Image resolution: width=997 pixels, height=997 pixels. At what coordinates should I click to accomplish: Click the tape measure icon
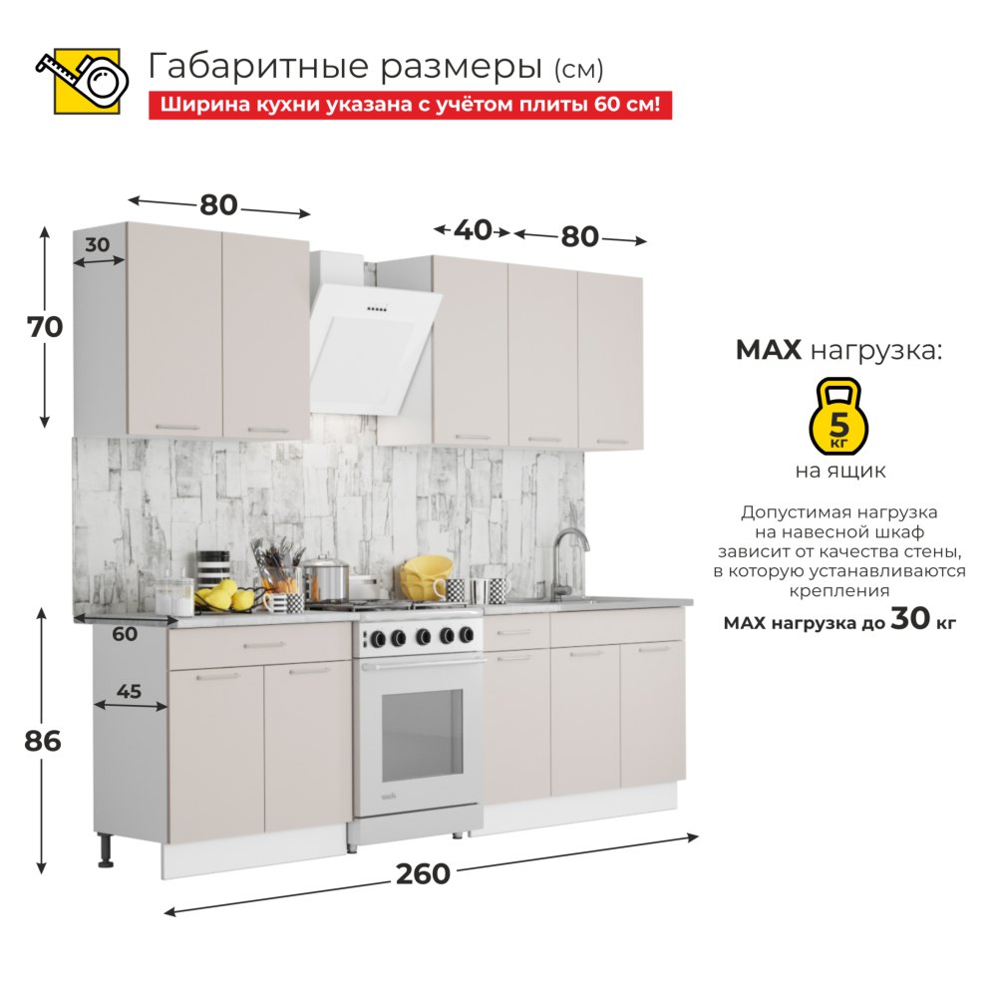pos(83,81)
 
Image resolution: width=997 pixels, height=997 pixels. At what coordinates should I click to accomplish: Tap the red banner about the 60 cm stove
pos(410,105)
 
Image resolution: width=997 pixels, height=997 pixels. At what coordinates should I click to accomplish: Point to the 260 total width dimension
pos(423,874)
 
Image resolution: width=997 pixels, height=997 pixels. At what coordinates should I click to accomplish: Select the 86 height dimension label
pos(43,742)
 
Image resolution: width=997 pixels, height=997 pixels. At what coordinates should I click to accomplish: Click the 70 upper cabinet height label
pos(45,327)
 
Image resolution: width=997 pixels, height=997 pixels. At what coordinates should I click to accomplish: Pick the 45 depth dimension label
pos(129,691)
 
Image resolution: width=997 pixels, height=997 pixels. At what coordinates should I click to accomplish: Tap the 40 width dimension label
pos(473,230)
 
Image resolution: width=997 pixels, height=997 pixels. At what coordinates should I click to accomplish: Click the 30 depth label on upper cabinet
pos(98,245)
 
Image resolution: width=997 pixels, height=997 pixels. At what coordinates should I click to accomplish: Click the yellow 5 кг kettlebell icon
pos(838,417)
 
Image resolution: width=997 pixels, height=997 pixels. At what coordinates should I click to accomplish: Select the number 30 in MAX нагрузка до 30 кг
pos(910,618)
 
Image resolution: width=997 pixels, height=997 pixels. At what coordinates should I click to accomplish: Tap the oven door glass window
pos(422,735)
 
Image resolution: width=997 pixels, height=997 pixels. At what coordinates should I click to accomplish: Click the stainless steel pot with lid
pos(326,577)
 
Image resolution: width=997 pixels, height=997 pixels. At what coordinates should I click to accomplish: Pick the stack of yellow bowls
pos(425,576)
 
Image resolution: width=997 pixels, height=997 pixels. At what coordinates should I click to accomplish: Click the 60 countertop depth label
pos(125,634)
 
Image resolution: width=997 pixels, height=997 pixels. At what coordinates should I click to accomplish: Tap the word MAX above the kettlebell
pos(768,350)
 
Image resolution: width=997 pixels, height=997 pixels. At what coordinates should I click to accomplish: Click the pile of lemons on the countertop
pos(222,595)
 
